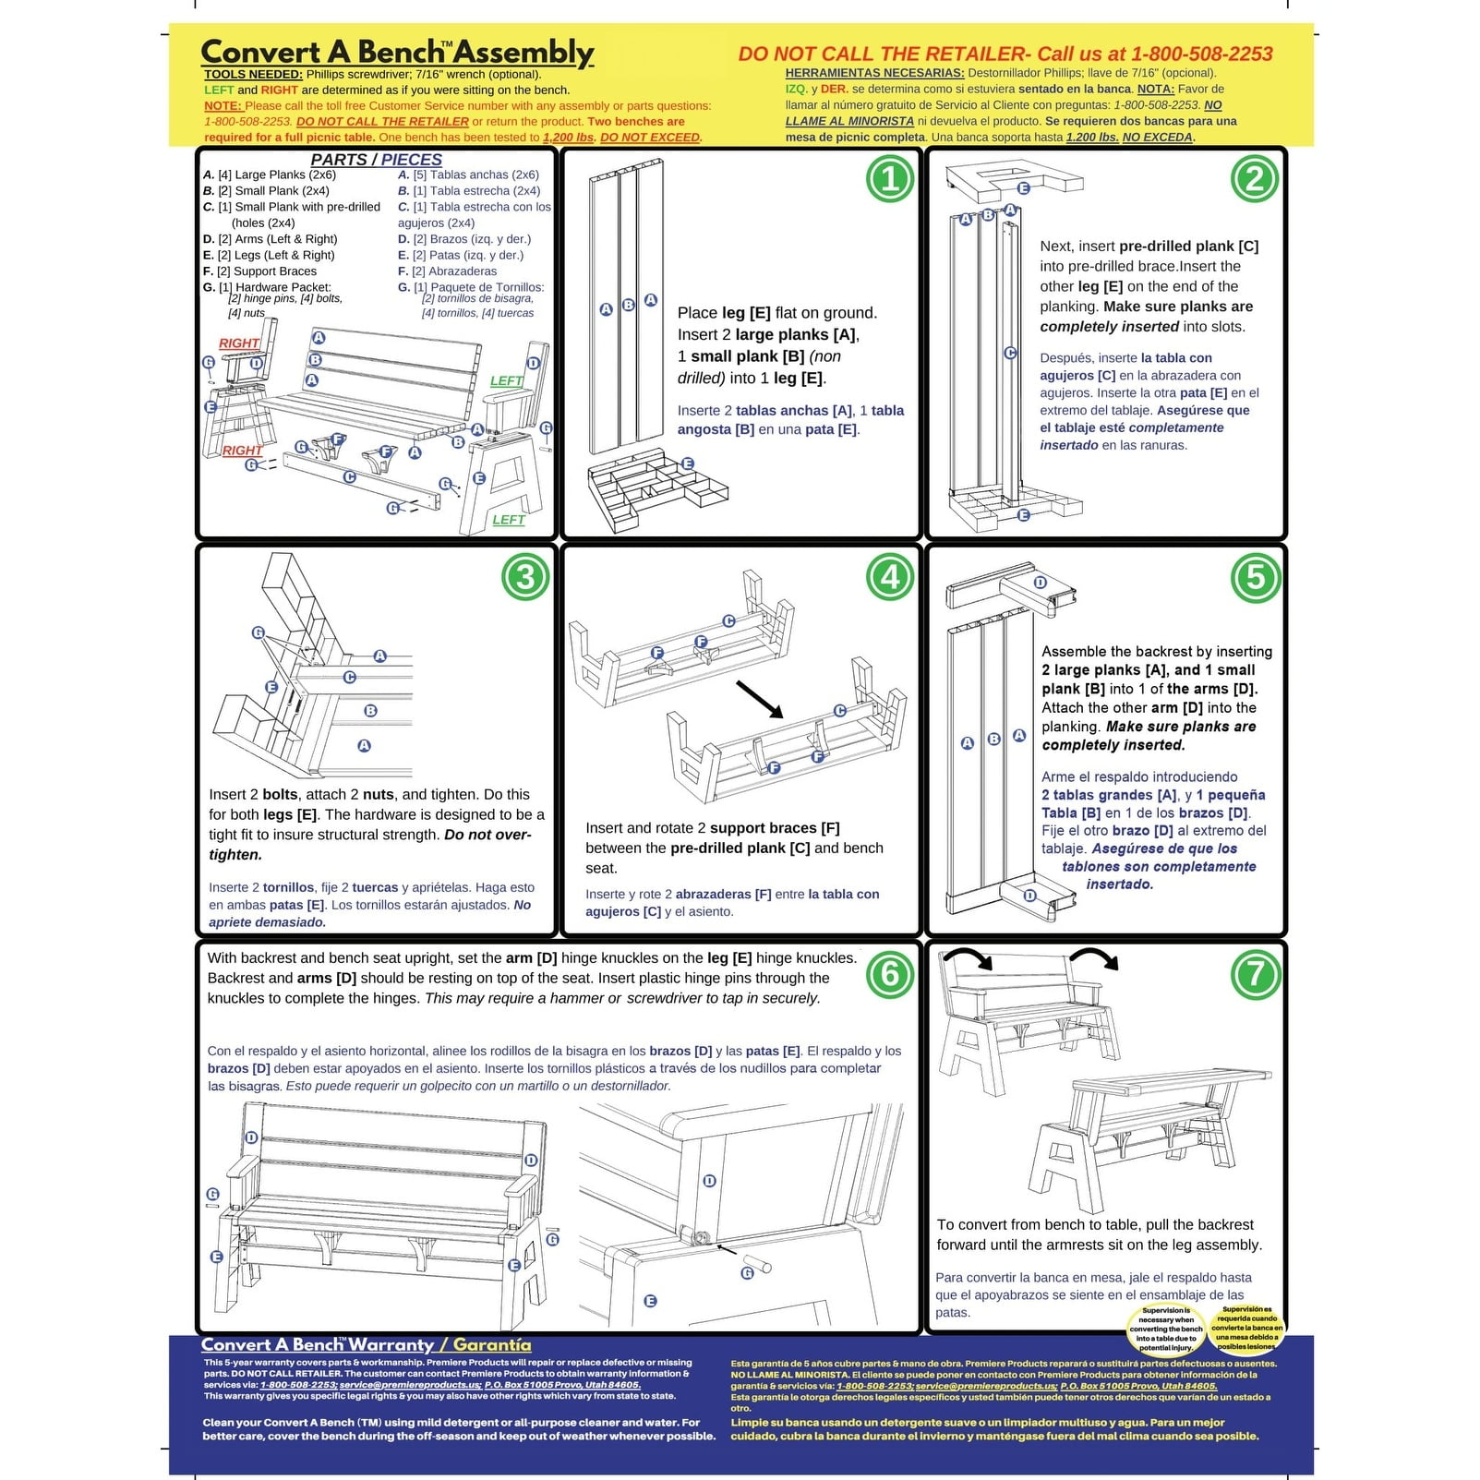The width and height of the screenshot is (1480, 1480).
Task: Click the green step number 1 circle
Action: [890, 179]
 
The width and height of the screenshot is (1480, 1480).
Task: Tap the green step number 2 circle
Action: [1255, 179]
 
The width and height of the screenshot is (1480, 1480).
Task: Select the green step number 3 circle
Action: [524, 577]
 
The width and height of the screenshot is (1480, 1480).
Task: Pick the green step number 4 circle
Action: [890, 577]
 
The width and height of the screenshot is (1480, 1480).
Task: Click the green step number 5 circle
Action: [1255, 577]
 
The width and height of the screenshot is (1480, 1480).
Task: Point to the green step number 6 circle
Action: [890, 974]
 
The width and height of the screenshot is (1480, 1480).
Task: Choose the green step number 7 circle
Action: [1255, 974]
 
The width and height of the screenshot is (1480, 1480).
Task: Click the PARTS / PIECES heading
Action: [376, 160]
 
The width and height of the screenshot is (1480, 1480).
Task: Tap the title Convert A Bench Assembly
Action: [397, 52]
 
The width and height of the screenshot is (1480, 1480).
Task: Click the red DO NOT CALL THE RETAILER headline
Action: [1005, 54]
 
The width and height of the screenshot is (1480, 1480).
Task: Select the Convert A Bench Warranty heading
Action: [366, 1345]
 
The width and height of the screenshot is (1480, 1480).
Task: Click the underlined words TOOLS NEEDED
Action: [253, 75]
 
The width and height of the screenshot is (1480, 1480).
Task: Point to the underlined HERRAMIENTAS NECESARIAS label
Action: [874, 73]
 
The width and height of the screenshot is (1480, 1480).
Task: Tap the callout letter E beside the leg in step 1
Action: [687, 463]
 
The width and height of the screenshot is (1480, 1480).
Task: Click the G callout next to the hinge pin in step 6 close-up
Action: [748, 1273]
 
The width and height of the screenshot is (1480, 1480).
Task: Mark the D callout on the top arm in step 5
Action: [1040, 583]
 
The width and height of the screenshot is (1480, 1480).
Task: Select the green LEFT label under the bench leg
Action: [508, 520]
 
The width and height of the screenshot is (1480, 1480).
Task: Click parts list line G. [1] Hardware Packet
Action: [268, 287]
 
